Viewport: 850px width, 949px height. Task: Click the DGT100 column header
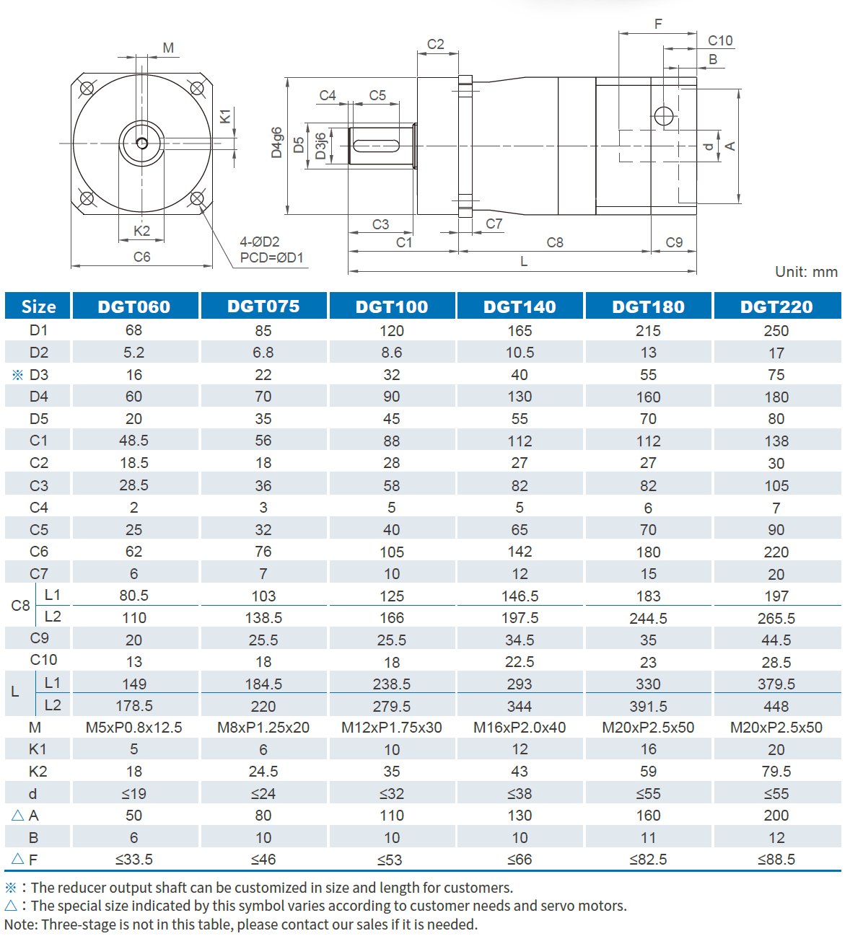click(392, 306)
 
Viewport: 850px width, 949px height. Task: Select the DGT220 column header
click(776, 306)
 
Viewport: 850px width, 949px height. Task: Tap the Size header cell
click(38, 306)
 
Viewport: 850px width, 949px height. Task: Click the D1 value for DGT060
click(134, 330)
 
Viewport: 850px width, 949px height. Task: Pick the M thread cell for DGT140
click(520, 728)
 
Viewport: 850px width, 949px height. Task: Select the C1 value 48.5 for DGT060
click(134, 441)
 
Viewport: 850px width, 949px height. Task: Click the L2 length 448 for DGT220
click(776, 706)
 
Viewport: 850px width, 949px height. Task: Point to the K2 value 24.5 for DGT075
click(263, 772)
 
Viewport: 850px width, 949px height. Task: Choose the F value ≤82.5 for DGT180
click(648, 860)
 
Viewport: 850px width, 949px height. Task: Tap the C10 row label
click(43, 660)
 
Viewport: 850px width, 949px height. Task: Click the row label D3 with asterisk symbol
click(32, 375)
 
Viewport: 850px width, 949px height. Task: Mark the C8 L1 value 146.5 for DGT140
click(520, 596)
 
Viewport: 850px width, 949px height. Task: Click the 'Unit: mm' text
click(806, 272)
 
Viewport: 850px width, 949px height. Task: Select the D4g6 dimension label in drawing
click(277, 143)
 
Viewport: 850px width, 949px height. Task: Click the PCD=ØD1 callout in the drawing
click(272, 257)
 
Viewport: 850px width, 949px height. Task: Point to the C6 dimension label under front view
click(142, 257)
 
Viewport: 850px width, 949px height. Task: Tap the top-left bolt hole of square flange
click(87, 89)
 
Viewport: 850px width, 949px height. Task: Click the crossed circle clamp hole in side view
click(664, 116)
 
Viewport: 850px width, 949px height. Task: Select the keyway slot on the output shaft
click(376, 146)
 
